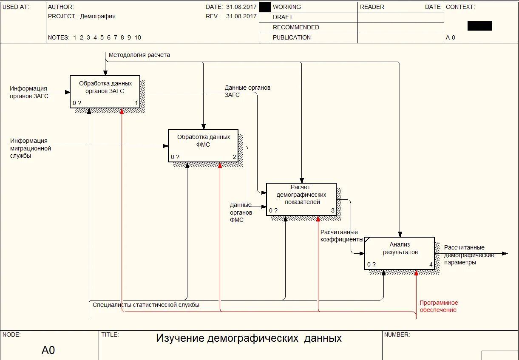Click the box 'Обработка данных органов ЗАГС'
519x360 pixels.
105,91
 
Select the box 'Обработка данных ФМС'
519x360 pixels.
203,145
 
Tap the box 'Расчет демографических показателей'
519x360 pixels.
301,199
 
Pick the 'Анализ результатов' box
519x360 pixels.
400,253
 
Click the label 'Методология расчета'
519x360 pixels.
139,55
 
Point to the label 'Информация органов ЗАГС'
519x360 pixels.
29,92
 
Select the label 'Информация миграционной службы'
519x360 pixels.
30,148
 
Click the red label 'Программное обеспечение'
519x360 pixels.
439,306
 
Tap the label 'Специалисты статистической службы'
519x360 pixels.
146,305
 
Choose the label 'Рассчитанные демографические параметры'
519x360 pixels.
469,255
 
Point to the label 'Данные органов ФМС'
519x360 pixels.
241,213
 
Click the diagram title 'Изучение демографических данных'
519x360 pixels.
249,338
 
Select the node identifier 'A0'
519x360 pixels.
48,351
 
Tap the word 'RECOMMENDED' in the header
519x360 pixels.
296,27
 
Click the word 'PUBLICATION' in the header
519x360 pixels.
292,37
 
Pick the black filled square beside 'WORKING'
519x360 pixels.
265,7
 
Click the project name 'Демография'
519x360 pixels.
98,17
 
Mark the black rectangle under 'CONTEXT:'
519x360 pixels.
479,26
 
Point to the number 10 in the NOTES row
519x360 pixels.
138,37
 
